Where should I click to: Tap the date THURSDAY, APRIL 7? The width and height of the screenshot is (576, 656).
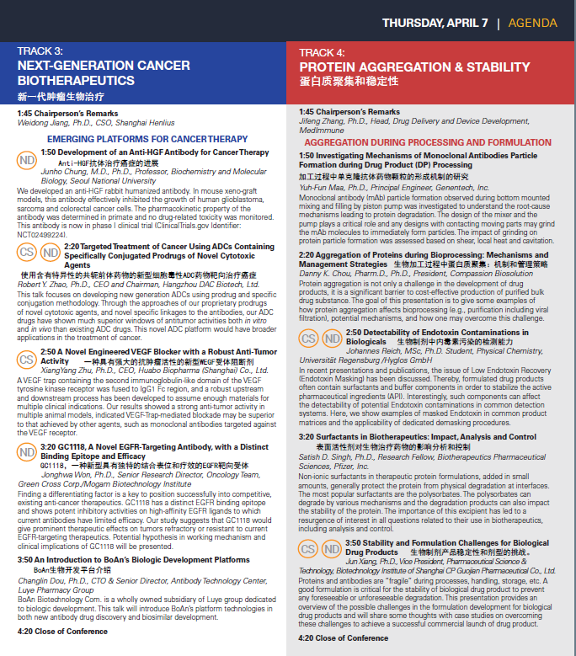[x=435, y=24]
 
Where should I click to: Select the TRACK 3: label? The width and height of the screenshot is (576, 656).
[x=40, y=51]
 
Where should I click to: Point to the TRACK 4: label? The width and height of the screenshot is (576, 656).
[x=322, y=51]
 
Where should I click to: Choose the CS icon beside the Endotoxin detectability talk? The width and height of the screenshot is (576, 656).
[x=309, y=339]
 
